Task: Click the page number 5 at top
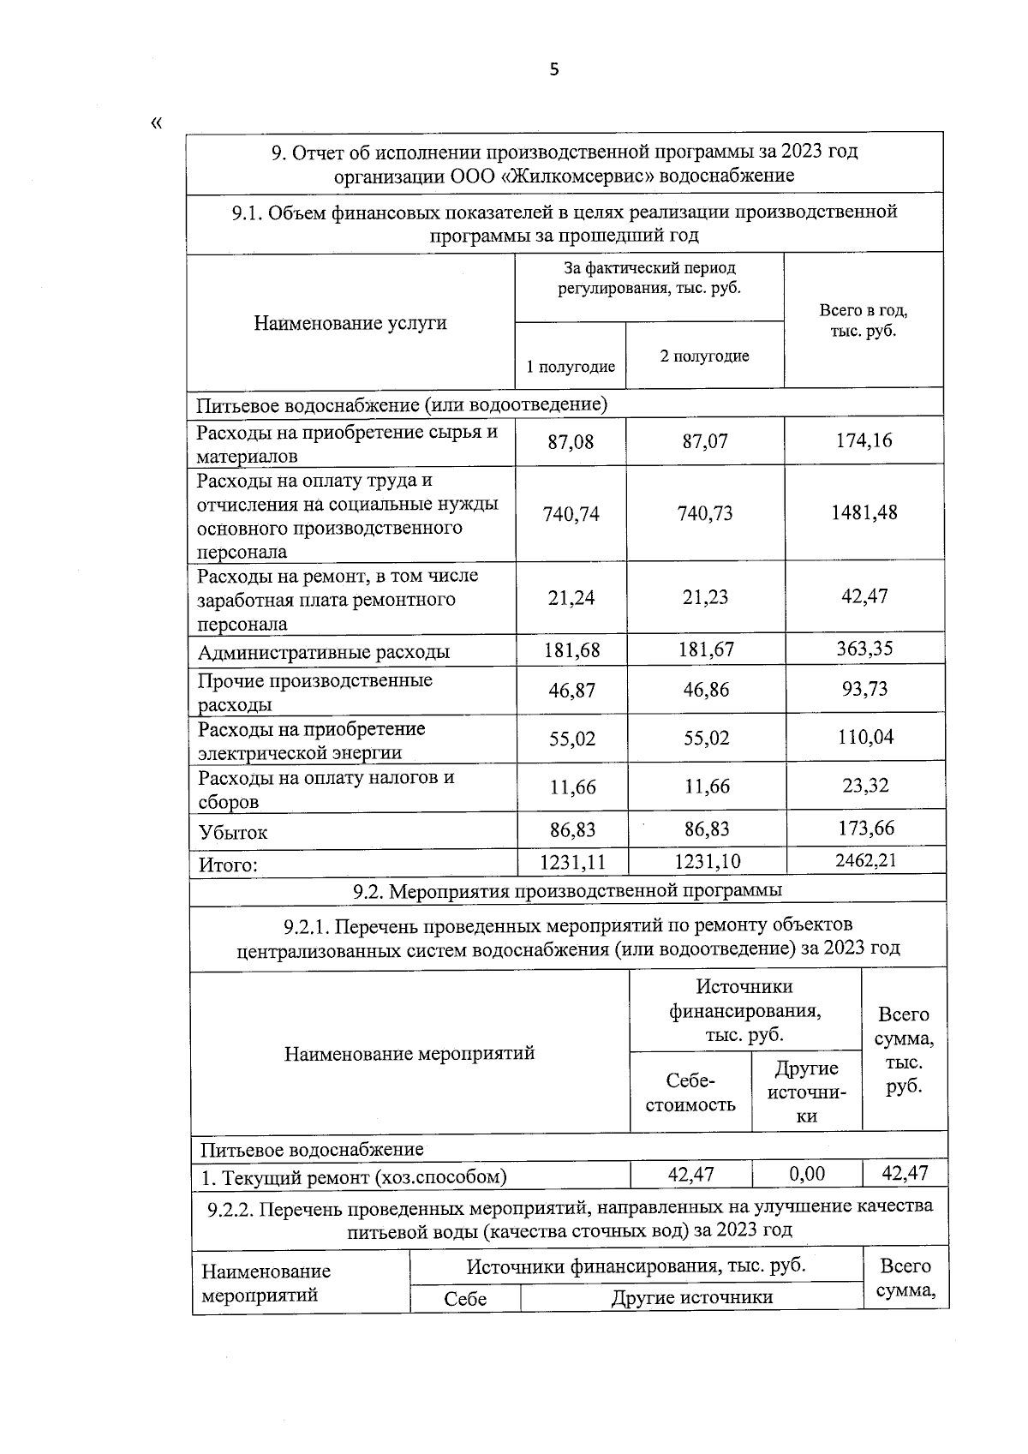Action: [553, 69]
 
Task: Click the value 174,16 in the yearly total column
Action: [864, 440]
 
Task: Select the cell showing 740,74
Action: [571, 514]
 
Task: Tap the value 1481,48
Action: [864, 512]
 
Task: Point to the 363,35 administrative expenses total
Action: [864, 649]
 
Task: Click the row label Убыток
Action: [233, 832]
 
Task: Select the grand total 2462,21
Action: [865, 859]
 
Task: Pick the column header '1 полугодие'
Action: [571, 367]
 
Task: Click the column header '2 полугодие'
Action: [704, 356]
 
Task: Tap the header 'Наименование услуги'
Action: [350, 323]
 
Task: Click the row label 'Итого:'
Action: [228, 865]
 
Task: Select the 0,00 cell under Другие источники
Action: [806, 1174]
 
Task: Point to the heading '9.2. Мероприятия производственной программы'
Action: [567, 890]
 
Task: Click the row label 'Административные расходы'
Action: [324, 652]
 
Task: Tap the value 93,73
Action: [864, 689]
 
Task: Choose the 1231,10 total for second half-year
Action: [707, 861]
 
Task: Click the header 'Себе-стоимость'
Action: [690, 1092]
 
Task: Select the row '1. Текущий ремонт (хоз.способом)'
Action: [354, 1177]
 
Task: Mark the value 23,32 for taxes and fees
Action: [864, 785]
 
